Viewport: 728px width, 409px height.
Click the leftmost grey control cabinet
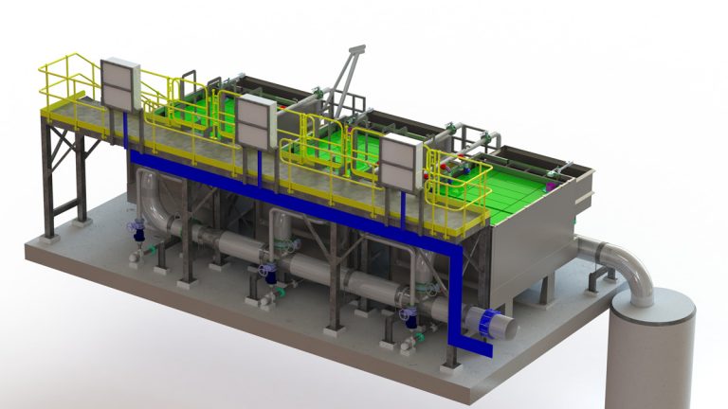click(x=119, y=83)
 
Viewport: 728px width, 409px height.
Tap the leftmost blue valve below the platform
click(x=139, y=230)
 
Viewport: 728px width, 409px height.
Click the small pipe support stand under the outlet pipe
click(x=597, y=281)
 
